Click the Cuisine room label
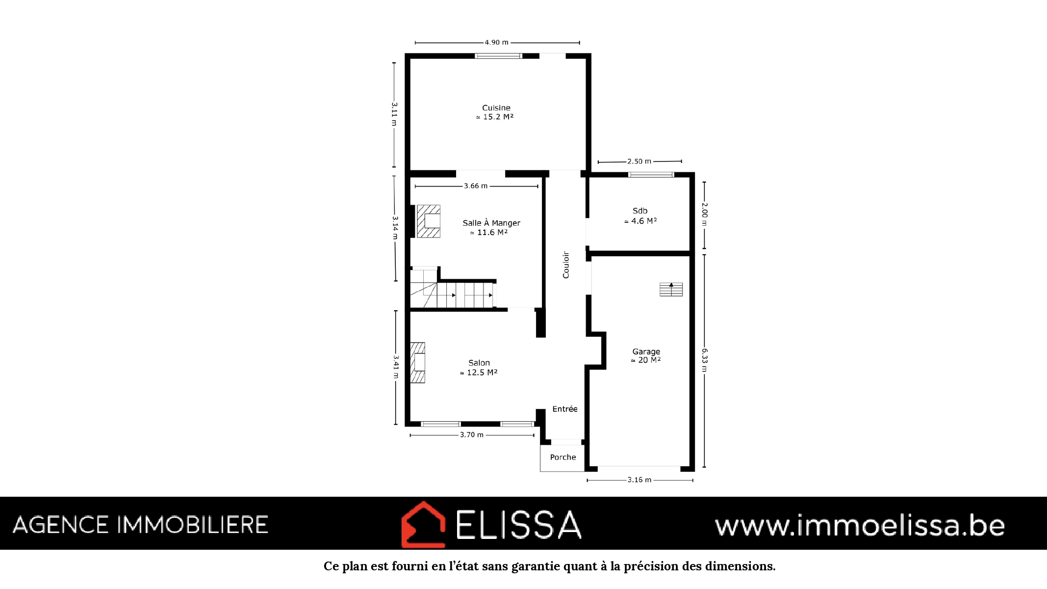tap(496, 108)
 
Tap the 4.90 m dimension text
tap(497, 43)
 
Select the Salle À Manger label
tap(491, 223)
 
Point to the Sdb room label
tap(640, 211)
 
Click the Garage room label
tap(646, 351)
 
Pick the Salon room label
tap(479, 363)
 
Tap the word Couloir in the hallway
tap(566, 265)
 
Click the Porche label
tap(563, 457)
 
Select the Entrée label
tap(565, 409)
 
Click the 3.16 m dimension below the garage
tap(639, 480)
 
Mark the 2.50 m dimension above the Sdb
tap(639, 161)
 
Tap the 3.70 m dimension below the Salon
tap(472, 435)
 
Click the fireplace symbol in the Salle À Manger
tap(428, 221)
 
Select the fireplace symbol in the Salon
tap(417, 363)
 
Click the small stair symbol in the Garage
tap(671, 290)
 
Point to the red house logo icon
tap(423, 524)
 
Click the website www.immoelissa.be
tap(860, 525)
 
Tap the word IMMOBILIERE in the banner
tap(192, 525)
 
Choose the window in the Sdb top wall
tap(651, 175)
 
